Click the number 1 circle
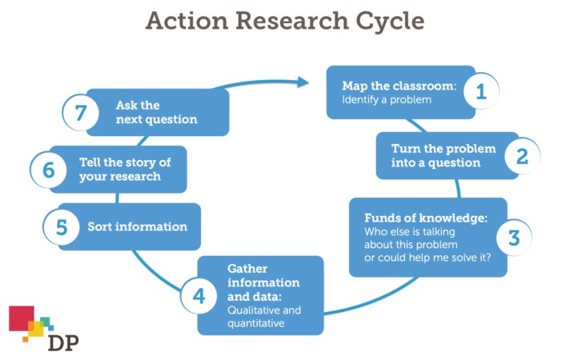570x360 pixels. [480, 92]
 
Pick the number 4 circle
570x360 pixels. [199, 295]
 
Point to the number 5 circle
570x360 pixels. [61, 226]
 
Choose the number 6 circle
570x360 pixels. [49, 169]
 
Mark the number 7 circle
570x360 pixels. [81, 112]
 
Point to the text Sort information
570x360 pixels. [137, 226]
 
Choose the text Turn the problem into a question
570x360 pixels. [443, 156]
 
